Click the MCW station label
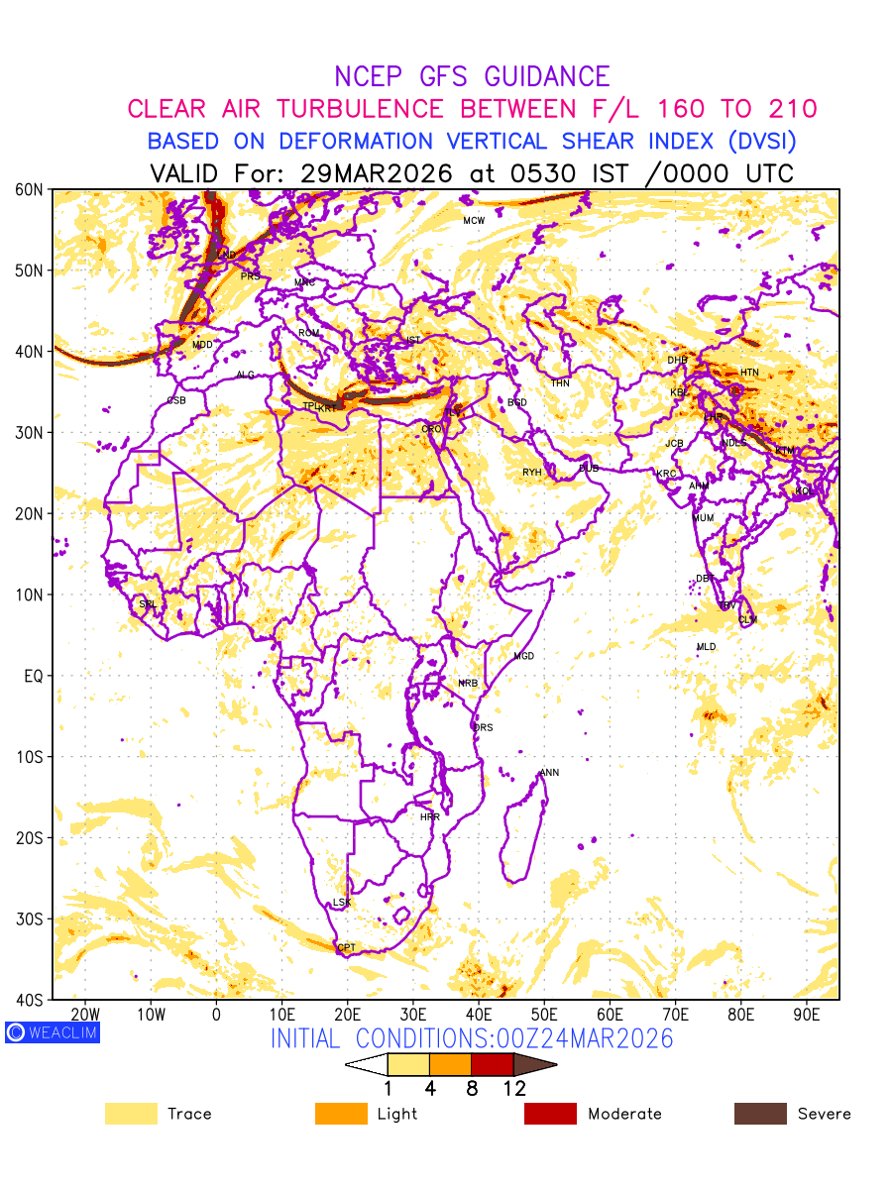click(x=474, y=221)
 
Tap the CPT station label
click(x=346, y=948)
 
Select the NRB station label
click(x=467, y=684)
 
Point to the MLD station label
click(x=706, y=647)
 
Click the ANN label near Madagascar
click(x=549, y=773)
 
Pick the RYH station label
click(x=532, y=473)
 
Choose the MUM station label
click(x=703, y=518)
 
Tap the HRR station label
click(x=429, y=817)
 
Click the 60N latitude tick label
click(x=31, y=189)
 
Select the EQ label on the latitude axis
click(x=33, y=676)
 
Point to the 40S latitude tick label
click(x=31, y=1000)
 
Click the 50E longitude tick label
click(x=544, y=1015)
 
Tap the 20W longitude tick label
click(x=85, y=1015)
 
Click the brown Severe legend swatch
click(x=760, y=1114)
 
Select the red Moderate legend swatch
click(x=550, y=1114)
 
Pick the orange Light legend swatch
click(x=341, y=1114)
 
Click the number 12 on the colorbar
click(x=513, y=1089)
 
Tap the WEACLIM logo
click(x=53, y=1032)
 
